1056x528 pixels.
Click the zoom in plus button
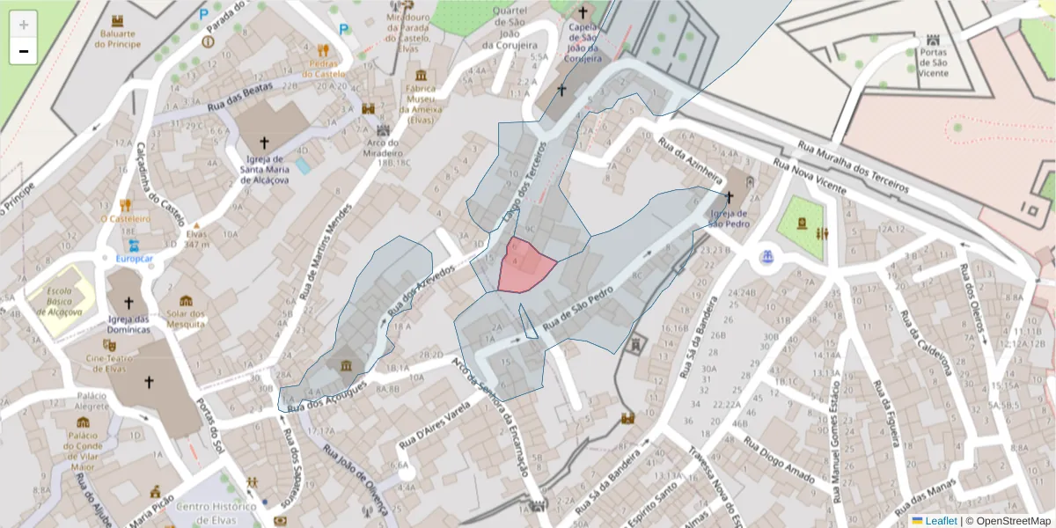pos(24,25)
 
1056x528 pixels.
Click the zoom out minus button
pos(24,51)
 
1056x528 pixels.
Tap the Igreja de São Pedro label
pos(729,218)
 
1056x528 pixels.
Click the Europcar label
pos(134,259)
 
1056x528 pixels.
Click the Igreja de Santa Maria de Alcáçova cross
pos(263,142)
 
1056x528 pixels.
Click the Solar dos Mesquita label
pos(186,319)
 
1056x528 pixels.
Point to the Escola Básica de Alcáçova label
pos(58,302)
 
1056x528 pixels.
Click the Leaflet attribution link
pos(940,521)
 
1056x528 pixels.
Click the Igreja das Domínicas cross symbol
pos(128,303)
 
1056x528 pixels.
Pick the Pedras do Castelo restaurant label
pos(324,69)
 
